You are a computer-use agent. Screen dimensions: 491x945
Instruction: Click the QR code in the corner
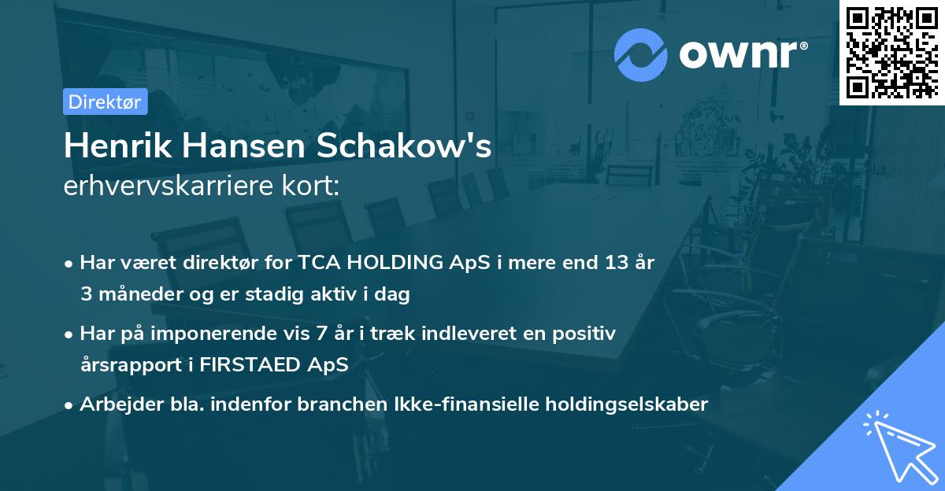891,52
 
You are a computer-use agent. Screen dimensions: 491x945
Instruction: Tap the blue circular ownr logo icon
641,54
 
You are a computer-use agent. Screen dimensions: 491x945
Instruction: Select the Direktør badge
105,102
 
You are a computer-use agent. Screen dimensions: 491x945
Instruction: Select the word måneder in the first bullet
135,294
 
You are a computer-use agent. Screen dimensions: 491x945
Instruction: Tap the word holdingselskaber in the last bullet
617,404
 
